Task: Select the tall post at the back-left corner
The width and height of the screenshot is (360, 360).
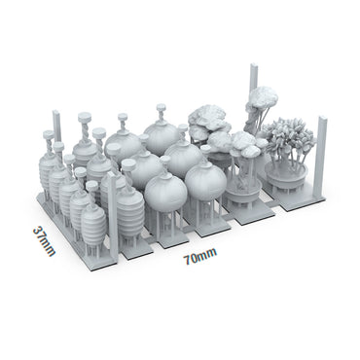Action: pyautogui.click(x=56, y=129)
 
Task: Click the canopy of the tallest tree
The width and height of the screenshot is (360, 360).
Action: pyautogui.click(x=262, y=98)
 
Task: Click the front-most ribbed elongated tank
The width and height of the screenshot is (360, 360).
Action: pyautogui.click(x=93, y=224)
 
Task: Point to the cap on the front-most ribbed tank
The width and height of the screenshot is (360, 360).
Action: pyautogui.click(x=92, y=186)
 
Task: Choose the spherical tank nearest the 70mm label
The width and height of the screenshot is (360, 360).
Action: pyautogui.click(x=205, y=182)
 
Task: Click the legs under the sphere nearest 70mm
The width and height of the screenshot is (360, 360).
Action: pyautogui.click(x=205, y=216)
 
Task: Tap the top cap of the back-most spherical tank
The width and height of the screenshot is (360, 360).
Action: pyautogui.click(x=162, y=110)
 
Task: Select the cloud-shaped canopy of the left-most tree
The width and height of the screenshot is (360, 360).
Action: pyautogui.click(x=206, y=120)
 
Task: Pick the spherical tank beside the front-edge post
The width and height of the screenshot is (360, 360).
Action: pyautogui.click(x=164, y=193)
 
